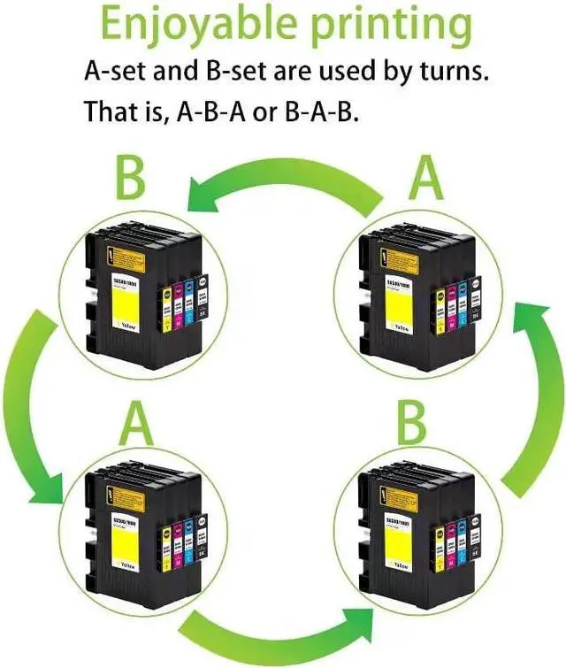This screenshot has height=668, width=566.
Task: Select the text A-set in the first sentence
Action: tap(115, 71)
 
